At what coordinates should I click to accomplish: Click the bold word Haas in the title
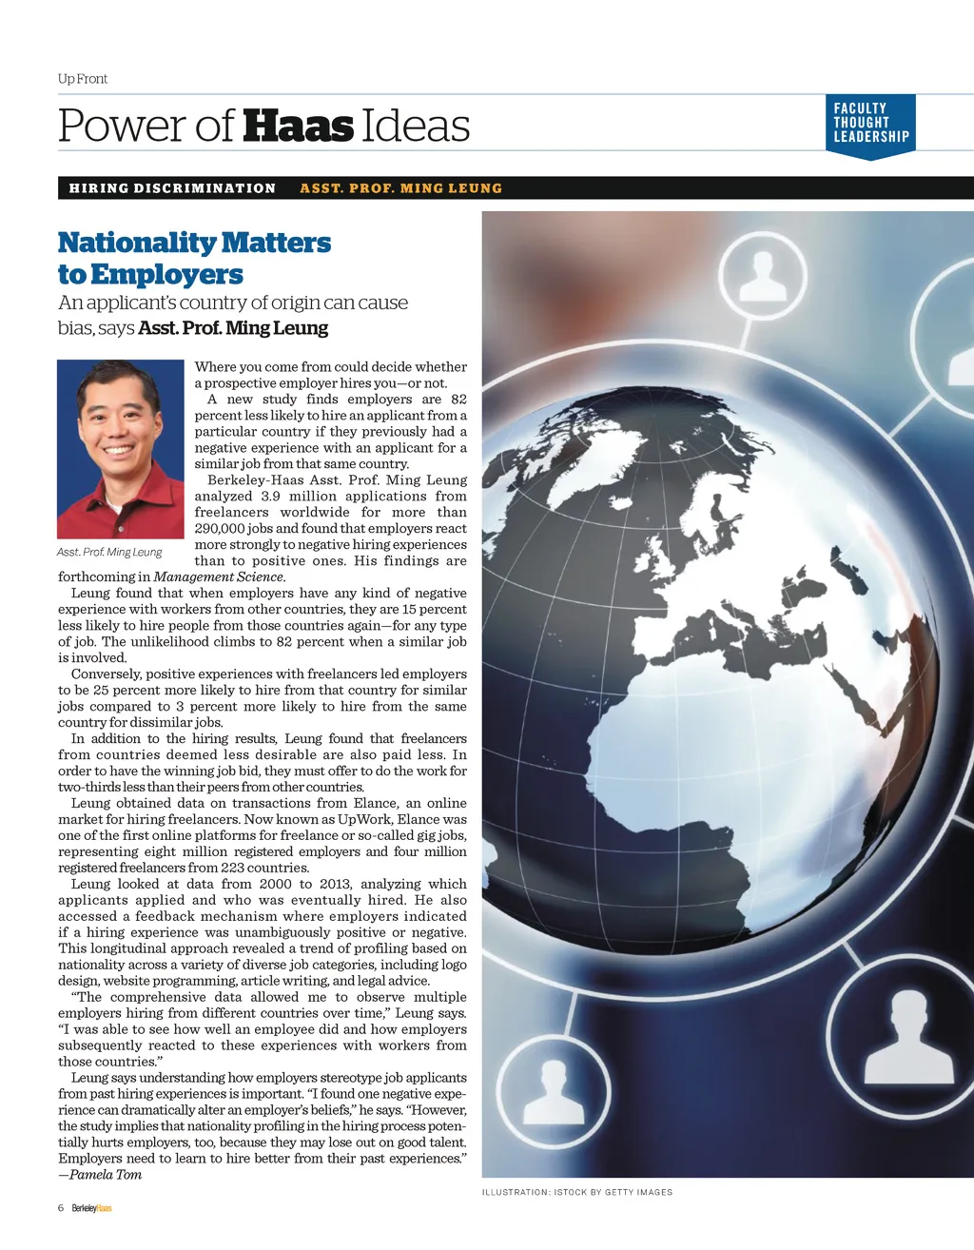pos(298,127)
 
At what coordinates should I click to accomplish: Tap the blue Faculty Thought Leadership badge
pos(871,124)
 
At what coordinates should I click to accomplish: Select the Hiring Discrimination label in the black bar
pos(172,188)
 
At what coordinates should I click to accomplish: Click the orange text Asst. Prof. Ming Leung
pos(400,188)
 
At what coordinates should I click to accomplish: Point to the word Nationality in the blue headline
pos(137,243)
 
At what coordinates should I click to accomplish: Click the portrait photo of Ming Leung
pos(121,449)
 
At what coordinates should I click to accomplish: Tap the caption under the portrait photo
pos(109,552)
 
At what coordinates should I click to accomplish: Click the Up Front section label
pos(83,79)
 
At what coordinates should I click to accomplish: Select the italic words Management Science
pos(218,576)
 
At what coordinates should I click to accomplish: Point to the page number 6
pos(61,1208)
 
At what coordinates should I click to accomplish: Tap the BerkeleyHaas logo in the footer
pos(92,1208)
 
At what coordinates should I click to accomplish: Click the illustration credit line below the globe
pos(576,1192)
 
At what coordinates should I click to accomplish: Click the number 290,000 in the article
pos(222,529)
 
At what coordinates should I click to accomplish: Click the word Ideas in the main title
pos(416,127)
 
